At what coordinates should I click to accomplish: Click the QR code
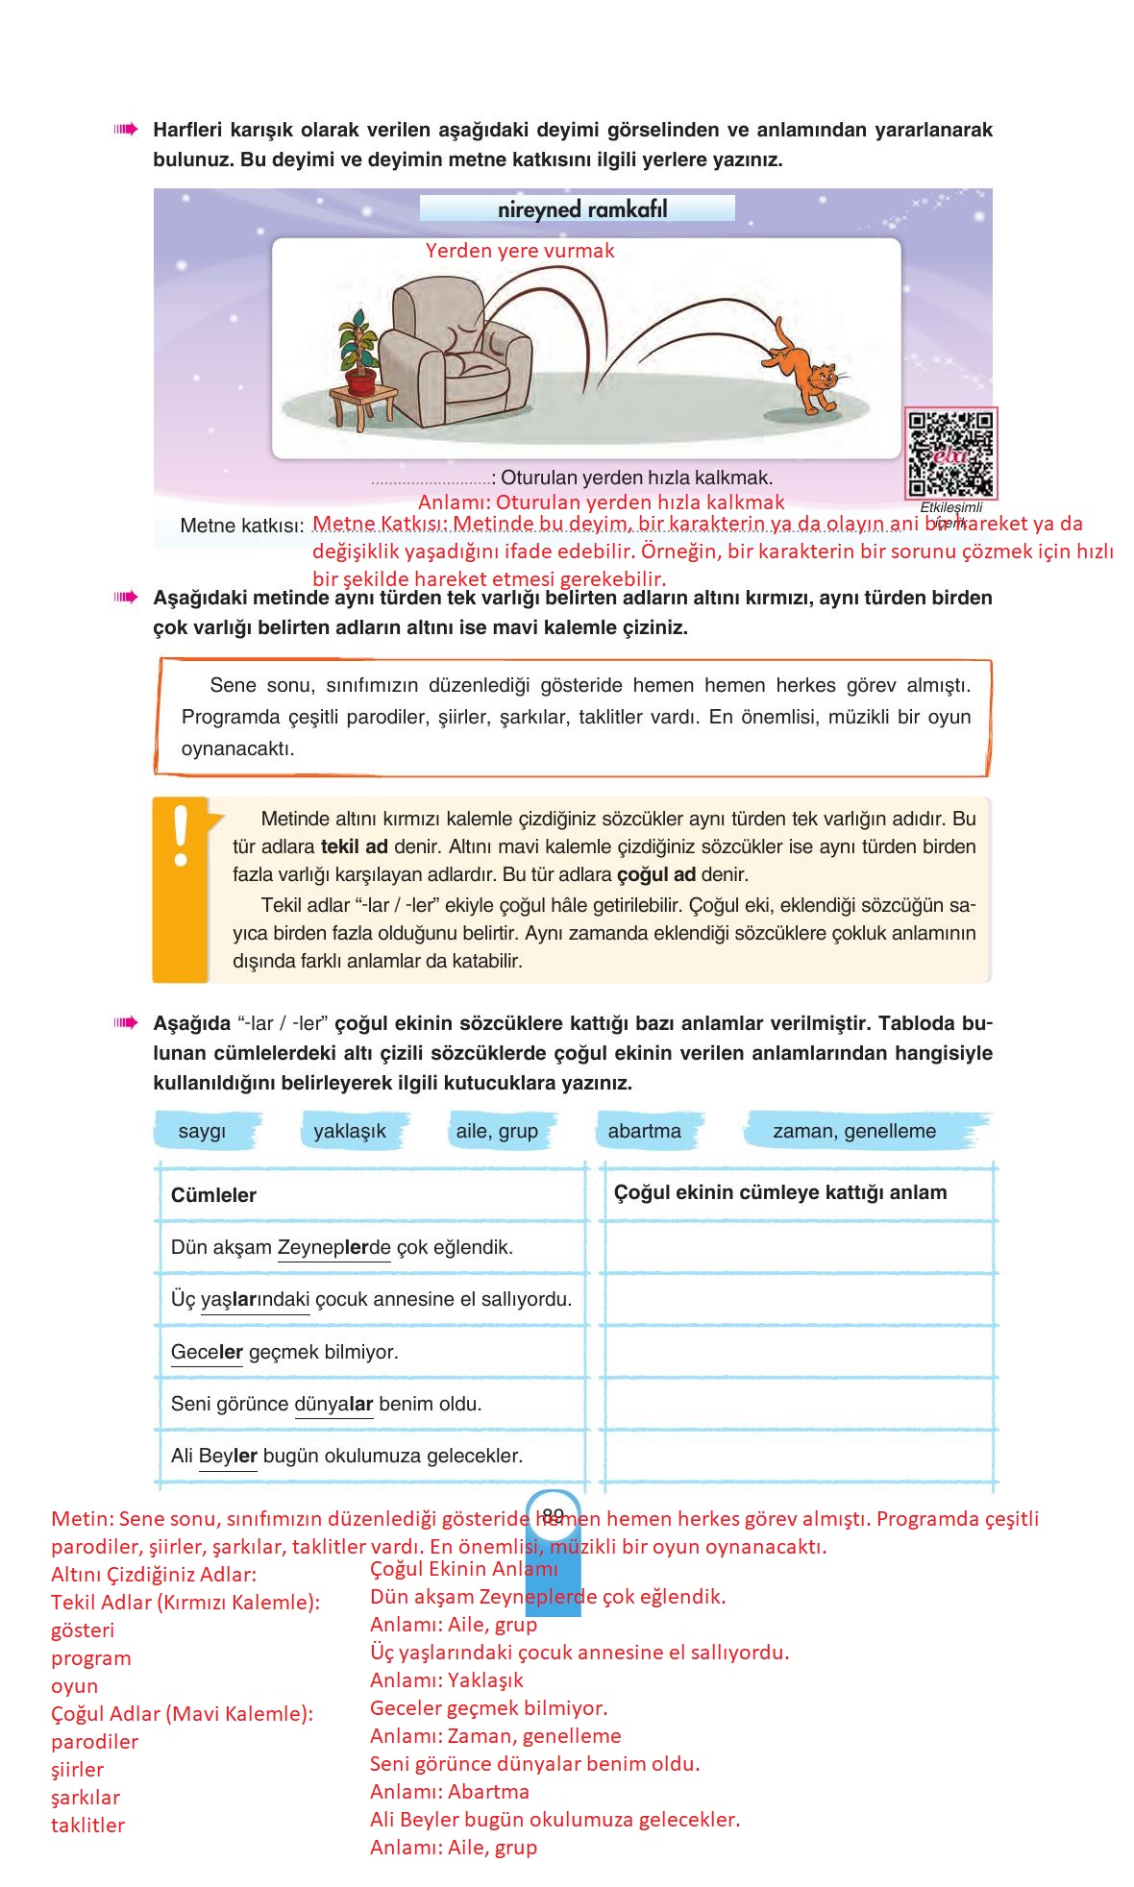click(951, 452)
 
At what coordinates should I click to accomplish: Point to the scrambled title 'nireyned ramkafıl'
click(582, 209)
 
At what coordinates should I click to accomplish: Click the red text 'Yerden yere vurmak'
click(520, 251)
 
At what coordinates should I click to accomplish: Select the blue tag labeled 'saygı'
click(202, 1131)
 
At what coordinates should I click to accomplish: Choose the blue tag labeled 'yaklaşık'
click(350, 1131)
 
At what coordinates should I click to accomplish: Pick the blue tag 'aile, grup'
click(497, 1131)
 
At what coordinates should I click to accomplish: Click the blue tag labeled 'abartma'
click(644, 1131)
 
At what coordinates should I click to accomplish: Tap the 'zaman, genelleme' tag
click(854, 1131)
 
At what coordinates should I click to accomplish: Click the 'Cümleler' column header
click(213, 1195)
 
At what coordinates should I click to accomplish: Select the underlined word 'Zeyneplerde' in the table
click(333, 1247)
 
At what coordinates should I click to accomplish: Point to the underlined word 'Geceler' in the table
click(207, 1352)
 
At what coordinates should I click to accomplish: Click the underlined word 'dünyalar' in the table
click(333, 1404)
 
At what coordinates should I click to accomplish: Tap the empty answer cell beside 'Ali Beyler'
click(797, 1456)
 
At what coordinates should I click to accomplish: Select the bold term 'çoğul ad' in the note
click(655, 875)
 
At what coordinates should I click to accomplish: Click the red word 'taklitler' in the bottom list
click(87, 1826)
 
